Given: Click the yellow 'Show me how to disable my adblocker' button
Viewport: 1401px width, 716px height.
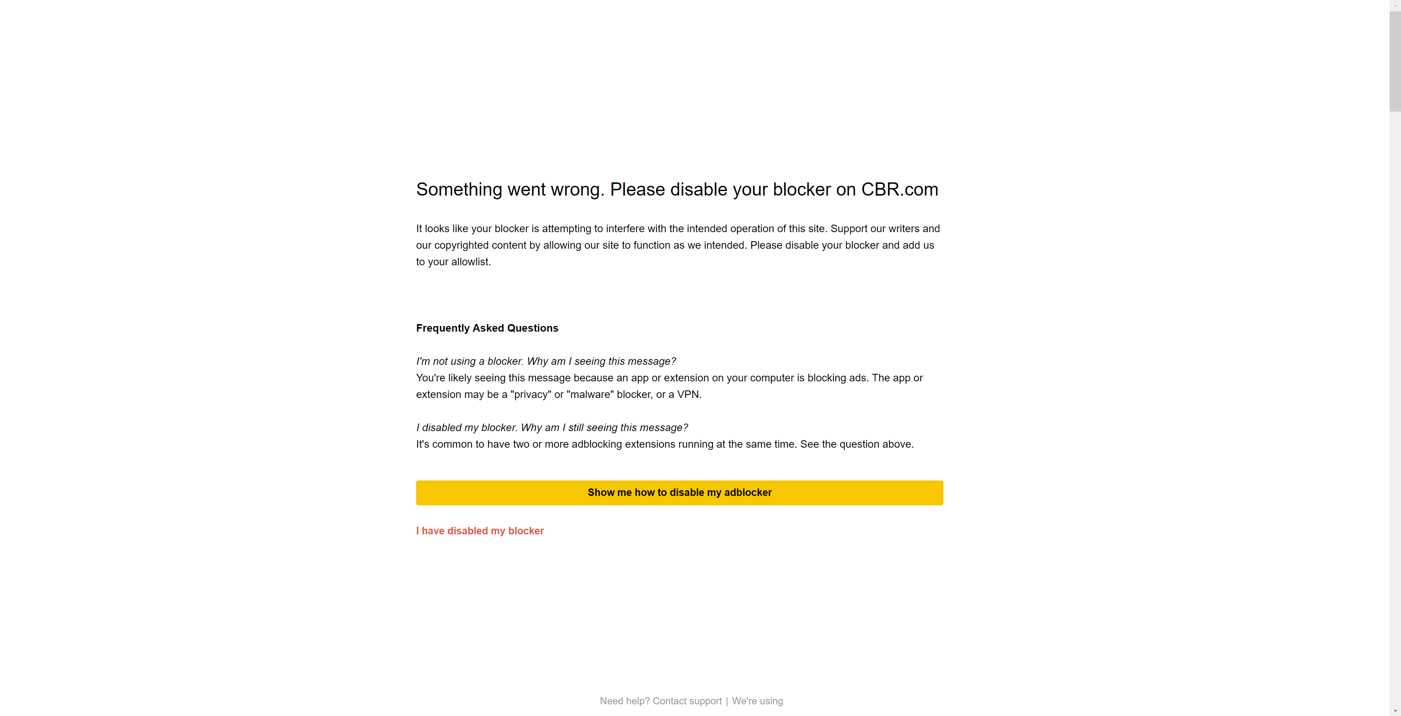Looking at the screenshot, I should coord(679,493).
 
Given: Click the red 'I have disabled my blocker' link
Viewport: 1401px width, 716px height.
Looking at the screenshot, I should coord(480,531).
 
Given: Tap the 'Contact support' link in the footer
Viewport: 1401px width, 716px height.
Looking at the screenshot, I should coord(687,701).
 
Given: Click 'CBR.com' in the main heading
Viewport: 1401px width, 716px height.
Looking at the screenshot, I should coord(900,189).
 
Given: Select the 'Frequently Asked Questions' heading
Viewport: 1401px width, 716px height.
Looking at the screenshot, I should coord(487,328).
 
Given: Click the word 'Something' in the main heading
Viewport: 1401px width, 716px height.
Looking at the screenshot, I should coord(459,189).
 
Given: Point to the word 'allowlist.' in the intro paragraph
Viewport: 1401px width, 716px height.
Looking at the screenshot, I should coord(471,262).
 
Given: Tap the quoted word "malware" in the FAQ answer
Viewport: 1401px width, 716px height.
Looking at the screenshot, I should coord(590,395).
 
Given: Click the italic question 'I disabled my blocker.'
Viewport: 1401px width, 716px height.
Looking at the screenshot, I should coord(467,428).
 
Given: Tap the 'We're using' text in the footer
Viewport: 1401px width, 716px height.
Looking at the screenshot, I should coord(757,701).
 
